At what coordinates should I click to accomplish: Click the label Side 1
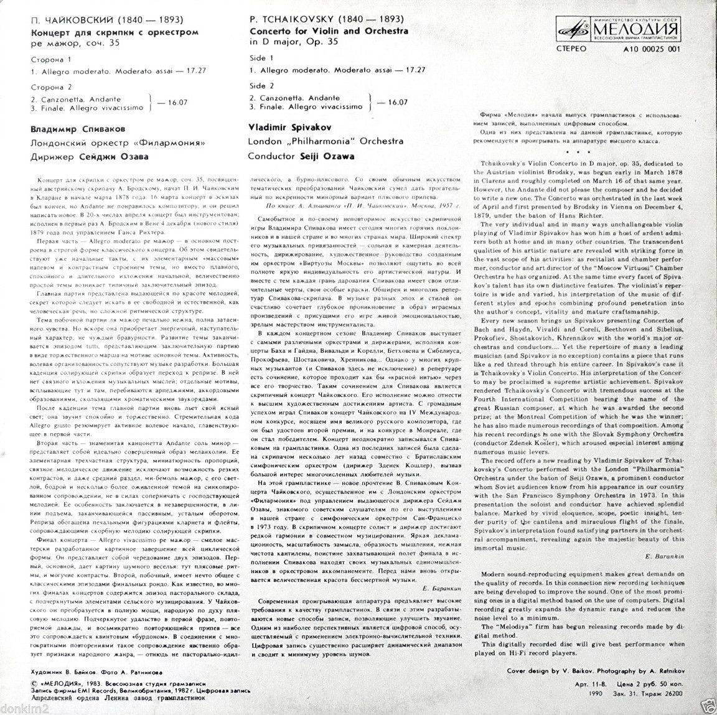click(x=261, y=57)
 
